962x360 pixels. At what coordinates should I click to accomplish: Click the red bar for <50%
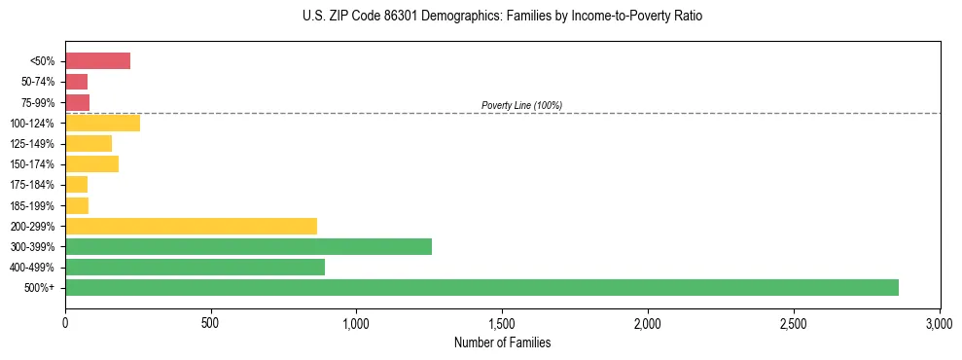pyautogui.click(x=97, y=61)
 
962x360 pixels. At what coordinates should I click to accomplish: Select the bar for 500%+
pyautogui.click(x=481, y=287)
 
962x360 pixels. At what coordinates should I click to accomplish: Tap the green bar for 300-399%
pyautogui.click(x=248, y=246)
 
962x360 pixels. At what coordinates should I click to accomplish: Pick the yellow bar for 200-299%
pyautogui.click(x=191, y=226)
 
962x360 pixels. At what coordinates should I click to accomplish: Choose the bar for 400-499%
pyautogui.click(x=195, y=267)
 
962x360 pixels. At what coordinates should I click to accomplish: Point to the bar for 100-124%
pyautogui.click(x=102, y=123)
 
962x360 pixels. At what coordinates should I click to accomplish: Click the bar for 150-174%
pyautogui.click(x=91, y=163)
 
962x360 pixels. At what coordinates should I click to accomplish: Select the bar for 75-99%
pyautogui.click(x=77, y=102)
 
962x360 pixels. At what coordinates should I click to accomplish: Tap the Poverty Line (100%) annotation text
pyautogui.click(x=521, y=105)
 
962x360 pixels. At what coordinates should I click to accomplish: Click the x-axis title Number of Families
pyautogui.click(x=502, y=342)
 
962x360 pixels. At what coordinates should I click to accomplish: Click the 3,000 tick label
pyautogui.click(x=939, y=322)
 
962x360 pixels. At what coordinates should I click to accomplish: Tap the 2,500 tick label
pyautogui.click(x=793, y=322)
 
